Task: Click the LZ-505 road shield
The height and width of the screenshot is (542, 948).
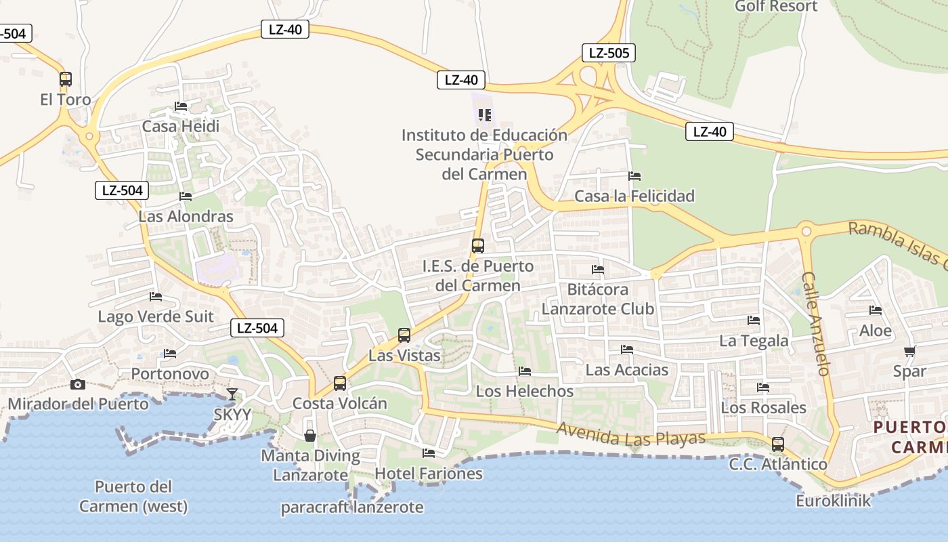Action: [x=608, y=53]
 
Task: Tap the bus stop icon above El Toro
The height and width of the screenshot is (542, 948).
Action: [x=66, y=79]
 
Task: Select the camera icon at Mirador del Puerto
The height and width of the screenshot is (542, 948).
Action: [x=78, y=385]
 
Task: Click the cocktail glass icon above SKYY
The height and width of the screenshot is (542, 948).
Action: [x=232, y=394]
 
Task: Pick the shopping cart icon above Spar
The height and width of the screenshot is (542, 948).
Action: [x=909, y=351]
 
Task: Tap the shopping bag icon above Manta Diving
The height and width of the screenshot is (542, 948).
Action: [x=309, y=435]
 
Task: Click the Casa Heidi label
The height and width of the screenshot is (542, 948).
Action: [x=181, y=126]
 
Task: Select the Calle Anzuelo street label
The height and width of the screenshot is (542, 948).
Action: [x=817, y=324]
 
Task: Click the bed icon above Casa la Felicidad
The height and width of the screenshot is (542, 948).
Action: [x=634, y=176]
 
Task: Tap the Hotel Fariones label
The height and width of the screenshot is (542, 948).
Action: [x=429, y=473]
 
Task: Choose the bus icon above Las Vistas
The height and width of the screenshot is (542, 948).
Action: [x=404, y=335]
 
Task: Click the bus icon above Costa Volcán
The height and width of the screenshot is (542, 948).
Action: [x=340, y=383]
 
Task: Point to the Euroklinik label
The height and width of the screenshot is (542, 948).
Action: [x=833, y=501]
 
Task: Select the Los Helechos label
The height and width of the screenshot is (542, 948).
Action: [x=524, y=391]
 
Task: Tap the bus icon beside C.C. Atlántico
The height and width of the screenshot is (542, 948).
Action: [x=778, y=444]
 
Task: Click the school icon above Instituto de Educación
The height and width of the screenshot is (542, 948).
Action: [x=484, y=115]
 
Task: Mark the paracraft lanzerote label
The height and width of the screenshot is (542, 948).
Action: [x=352, y=507]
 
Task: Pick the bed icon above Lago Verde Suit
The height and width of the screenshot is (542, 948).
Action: [x=156, y=297]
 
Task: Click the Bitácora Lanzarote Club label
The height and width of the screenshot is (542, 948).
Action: [x=598, y=299]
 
